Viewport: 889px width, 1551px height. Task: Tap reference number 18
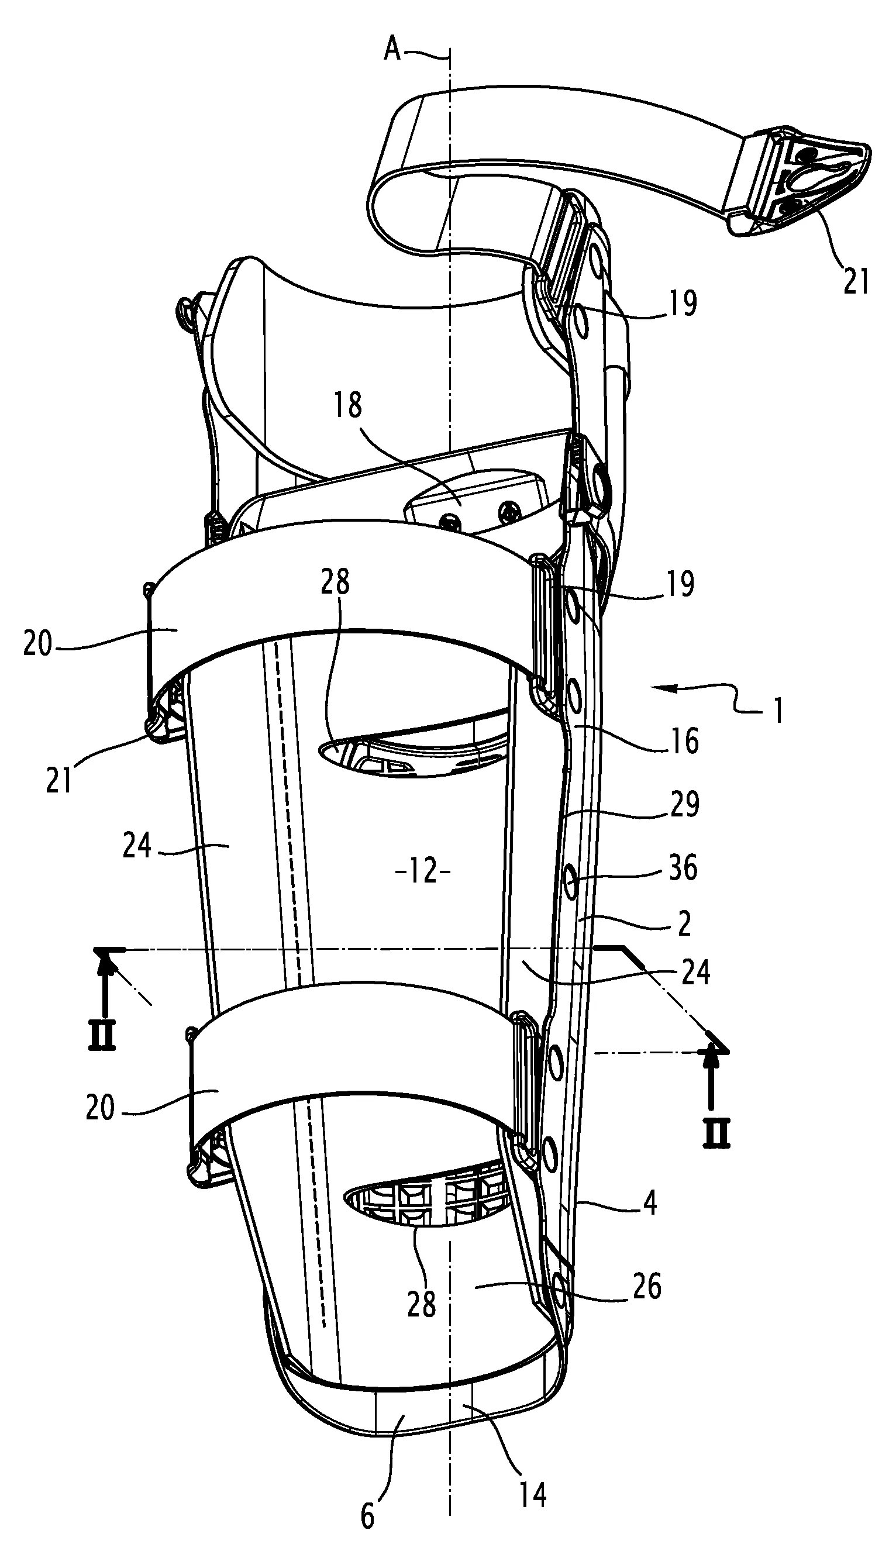[347, 405]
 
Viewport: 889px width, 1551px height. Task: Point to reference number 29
[684, 805]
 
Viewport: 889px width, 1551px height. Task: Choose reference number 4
[650, 1203]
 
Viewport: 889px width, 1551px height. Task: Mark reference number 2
[684, 925]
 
